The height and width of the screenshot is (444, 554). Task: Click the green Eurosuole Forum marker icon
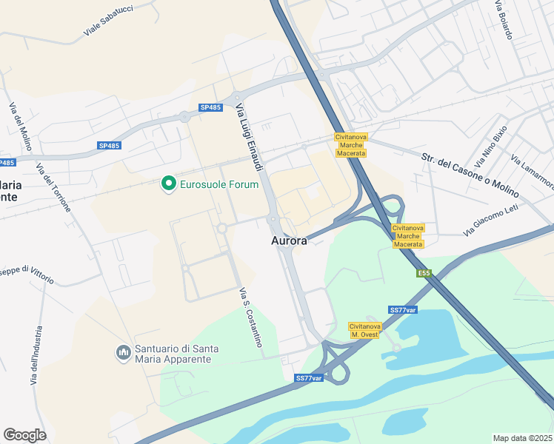point(168,183)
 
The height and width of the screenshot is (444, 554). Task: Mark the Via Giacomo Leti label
point(491,220)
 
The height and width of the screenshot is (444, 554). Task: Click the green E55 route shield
point(423,274)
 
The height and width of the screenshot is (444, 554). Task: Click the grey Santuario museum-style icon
point(123,354)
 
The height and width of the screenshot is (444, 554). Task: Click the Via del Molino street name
point(20,127)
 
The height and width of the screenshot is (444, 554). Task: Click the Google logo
point(24,434)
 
